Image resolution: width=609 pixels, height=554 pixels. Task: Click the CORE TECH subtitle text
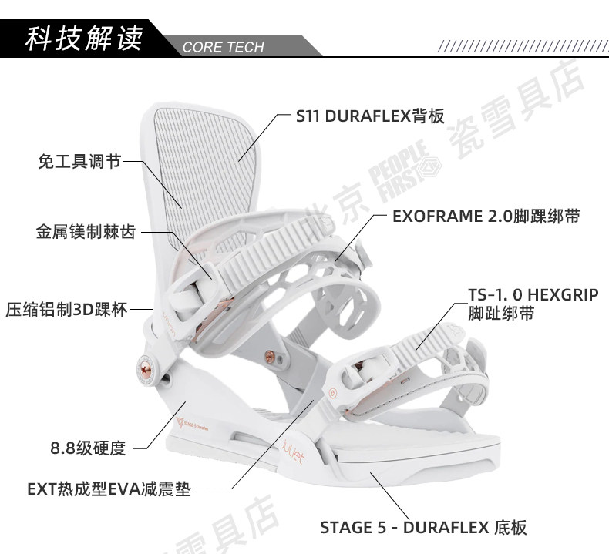tap(224, 47)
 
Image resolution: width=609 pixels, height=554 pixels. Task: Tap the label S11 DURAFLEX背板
tap(370, 116)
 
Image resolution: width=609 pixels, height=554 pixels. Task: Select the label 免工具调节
tap(79, 162)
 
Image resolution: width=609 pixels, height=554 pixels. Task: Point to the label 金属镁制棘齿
tap(85, 231)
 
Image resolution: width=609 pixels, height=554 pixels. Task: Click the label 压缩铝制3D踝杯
tap(68, 309)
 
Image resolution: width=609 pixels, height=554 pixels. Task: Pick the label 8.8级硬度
tap(87, 447)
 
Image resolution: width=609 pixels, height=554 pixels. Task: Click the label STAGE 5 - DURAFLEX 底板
tap(423, 527)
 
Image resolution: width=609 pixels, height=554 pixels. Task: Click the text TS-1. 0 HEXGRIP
tap(533, 294)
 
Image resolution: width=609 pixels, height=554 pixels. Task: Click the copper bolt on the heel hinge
tap(144, 364)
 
